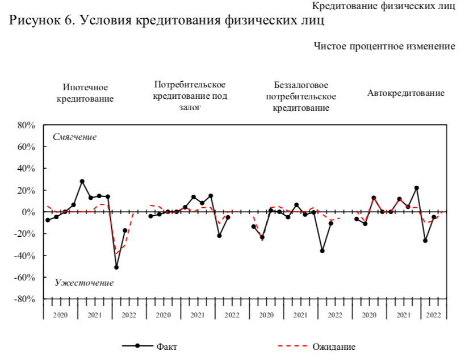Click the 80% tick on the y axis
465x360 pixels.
pos(26,125)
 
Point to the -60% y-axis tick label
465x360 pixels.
pos(25,277)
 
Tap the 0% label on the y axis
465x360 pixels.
pos(28,212)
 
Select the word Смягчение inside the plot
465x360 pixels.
pos(75,137)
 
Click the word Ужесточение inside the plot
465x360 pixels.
pos(84,283)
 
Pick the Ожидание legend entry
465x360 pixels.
pos(334,346)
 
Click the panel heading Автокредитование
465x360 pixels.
pos(406,93)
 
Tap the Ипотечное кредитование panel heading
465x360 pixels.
pos(85,93)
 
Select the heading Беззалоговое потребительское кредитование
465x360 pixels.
pos(301,97)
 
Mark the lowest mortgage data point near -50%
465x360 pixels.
pos(116,267)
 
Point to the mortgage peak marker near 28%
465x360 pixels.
pos(82,182)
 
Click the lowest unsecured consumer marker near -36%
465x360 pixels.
pos(322,250)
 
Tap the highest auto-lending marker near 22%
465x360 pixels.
pos(416,188)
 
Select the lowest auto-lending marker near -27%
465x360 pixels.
pos(425,241)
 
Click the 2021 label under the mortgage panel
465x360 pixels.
pos(95,315)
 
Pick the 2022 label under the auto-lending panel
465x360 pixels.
pos(433,315)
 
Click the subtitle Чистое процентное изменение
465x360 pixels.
pos(384,46)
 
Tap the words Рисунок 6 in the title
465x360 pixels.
pos(40,21)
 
